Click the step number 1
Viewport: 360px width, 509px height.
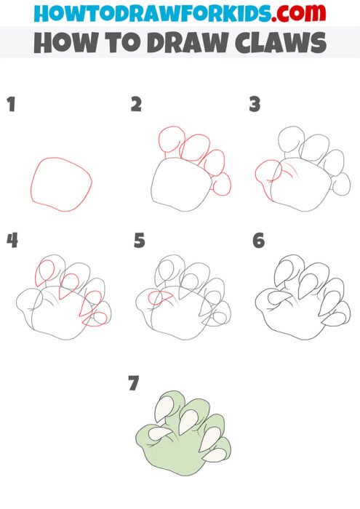[x=11, y=105]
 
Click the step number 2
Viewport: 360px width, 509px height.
[x=136, y=105]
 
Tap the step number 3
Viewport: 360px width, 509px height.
[x=255, y=105]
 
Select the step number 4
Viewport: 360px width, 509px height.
[x=12, y=240]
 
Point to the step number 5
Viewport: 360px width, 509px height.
[x=140, y=240]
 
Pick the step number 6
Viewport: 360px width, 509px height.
[x=258, y=240]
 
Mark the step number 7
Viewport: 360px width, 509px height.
[x=133, y=383]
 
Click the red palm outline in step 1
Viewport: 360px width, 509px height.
[x=61, y=184]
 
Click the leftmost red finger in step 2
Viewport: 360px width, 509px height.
[x=169, y=143]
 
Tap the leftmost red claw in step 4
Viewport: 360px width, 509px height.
[x=44, y=273]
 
